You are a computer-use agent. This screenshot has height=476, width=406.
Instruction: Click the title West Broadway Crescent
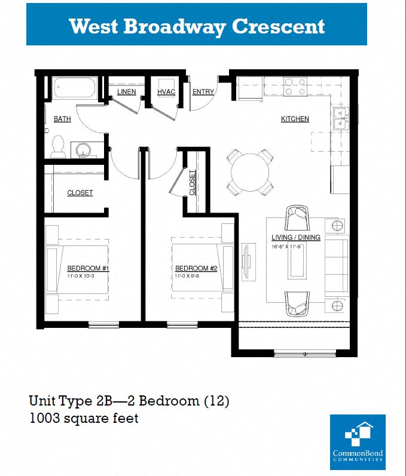[197, 26]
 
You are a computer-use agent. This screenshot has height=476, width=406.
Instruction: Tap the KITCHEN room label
[295, 119]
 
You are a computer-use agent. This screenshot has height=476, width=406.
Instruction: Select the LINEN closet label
[126, 92]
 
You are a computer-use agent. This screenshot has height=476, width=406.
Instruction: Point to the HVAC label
[166, 92]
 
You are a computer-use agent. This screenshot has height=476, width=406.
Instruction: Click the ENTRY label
[203, 92]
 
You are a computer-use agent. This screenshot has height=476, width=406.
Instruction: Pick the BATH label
[62, 119]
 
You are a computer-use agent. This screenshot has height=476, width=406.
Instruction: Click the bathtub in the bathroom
[76, 89]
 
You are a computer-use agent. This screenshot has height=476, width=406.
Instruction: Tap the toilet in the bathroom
[59, 147]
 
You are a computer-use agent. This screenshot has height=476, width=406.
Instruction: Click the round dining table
[251, 171]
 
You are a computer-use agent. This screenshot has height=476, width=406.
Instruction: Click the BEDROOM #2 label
[196, 268]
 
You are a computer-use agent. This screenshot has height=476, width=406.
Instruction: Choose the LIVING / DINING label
[296, 237]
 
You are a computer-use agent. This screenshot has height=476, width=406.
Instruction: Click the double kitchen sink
[341, 119]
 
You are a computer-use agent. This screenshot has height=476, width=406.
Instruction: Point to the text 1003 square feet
[84, 418]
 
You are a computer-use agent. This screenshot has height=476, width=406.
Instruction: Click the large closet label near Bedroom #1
[80, 193]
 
